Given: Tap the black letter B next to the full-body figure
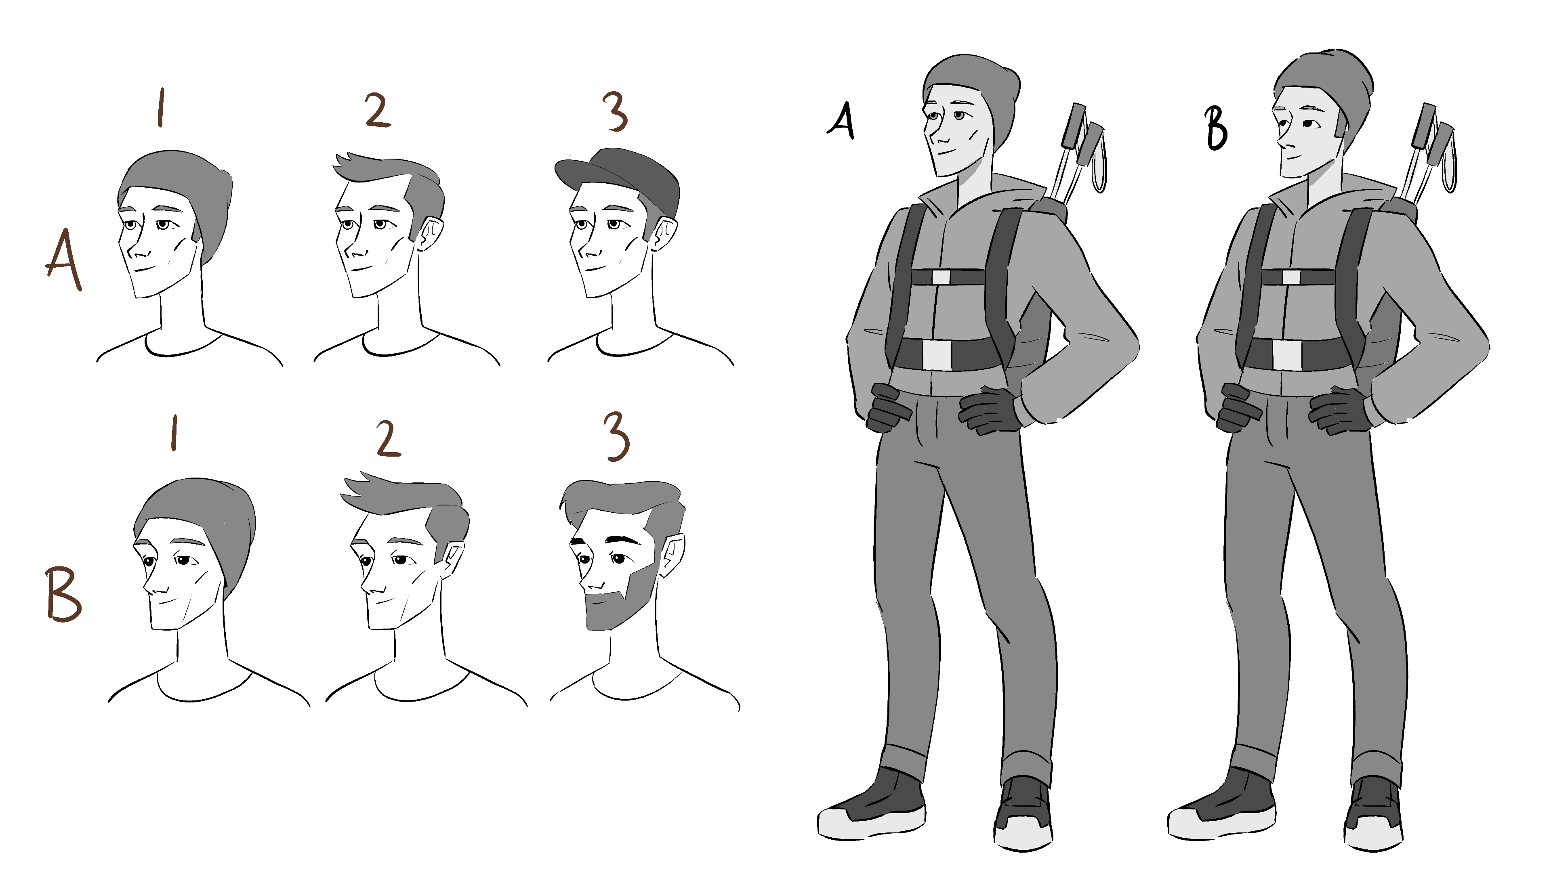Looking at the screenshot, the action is pos(1216,129).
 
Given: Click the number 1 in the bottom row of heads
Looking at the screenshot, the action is pos(174,434).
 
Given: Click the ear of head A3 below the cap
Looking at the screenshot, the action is pos(664,233).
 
